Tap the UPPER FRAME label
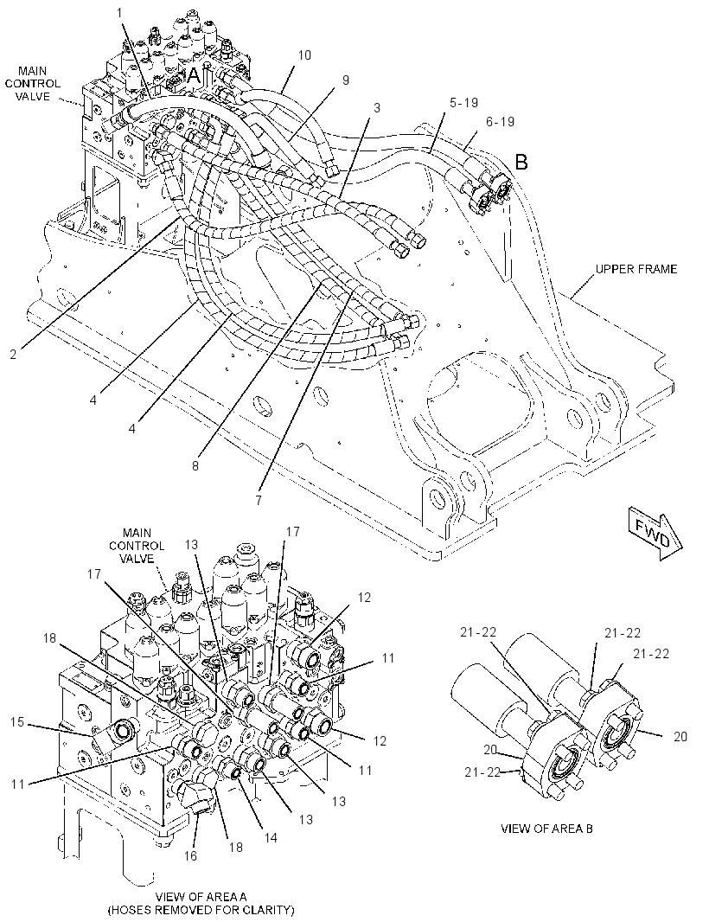(x=636, y=269)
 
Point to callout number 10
(x=304, y=55)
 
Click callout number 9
(x=345, y=80)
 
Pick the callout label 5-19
(x=463, y=102)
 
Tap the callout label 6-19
(x=501, y=121)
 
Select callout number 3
(x=376, y=107)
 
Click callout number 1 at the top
(x=119, y=12)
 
